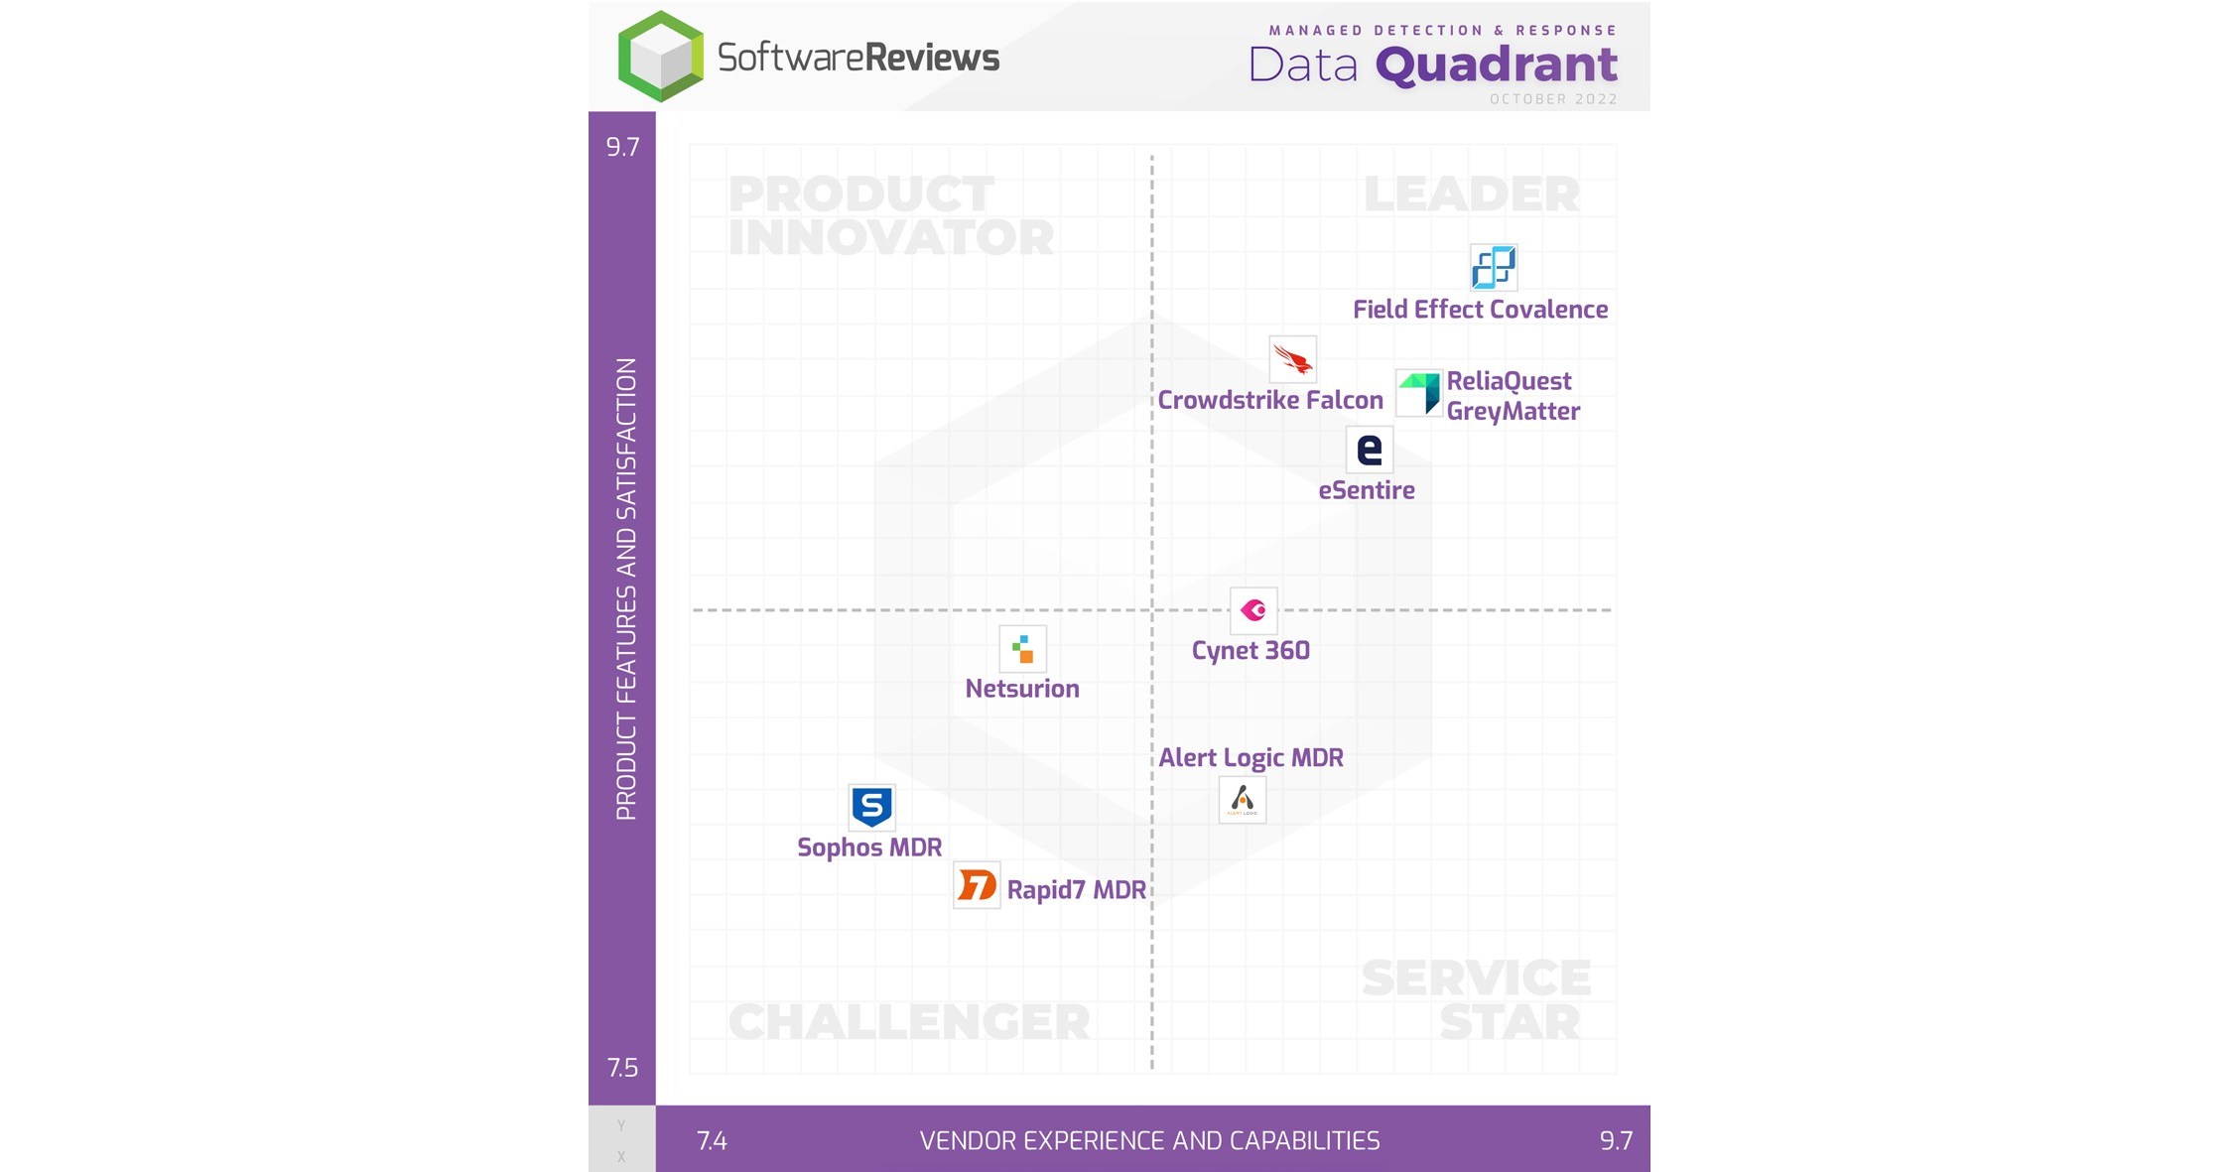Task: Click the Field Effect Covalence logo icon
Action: point(1493,267)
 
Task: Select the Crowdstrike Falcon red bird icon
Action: point(1292,359)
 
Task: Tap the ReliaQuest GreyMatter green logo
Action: point(1419,393)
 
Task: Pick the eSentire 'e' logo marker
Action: point(1369,450)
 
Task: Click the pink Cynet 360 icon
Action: point(1252,610)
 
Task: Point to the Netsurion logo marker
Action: point(1022,650)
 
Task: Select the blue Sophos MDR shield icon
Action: point(871,807)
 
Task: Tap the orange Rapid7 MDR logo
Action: point(977,885)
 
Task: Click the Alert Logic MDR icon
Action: point(1242,800)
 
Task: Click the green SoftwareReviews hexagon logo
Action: point(660,57)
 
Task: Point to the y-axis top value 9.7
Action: point(622,147)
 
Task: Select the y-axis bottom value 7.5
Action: point(622,1068)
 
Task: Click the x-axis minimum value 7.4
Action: point(712,1141)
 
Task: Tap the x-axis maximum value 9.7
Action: point(1616,1141)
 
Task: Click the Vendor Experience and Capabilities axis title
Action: point(1149,1141)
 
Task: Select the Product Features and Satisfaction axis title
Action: point(625,588)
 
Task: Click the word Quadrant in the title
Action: point(1496,65)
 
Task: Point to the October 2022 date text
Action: point(1553,99)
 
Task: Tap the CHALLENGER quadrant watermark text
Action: point(908,1022)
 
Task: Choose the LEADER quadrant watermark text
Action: point(1471,195)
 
